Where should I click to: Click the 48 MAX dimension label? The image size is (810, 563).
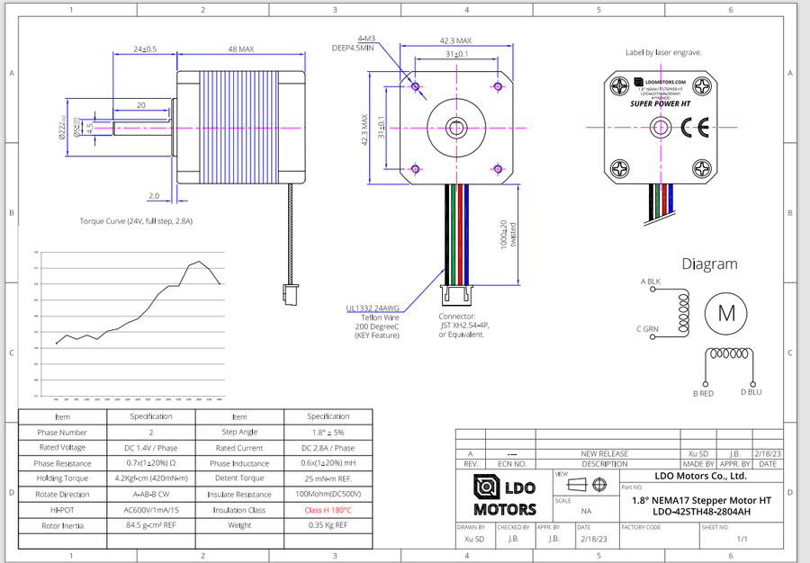pos(240,49)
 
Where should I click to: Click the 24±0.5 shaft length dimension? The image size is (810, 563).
pos(145,49)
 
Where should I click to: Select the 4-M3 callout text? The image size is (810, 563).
pos(366,39)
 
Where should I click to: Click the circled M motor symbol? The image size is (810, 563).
pos(724,313)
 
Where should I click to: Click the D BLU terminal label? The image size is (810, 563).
pos(751,392)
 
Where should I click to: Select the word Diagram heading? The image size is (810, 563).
pos(709,264)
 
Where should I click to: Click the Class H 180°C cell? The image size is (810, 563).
pos(328,510)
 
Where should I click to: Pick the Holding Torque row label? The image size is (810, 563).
pos(62,478)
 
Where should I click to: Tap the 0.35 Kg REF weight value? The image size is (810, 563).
pos(328,525)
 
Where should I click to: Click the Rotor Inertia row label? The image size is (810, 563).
pos(62,525)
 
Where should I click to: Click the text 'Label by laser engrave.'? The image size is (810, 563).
pos(663,53)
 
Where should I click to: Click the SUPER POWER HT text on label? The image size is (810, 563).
pos(661,103)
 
